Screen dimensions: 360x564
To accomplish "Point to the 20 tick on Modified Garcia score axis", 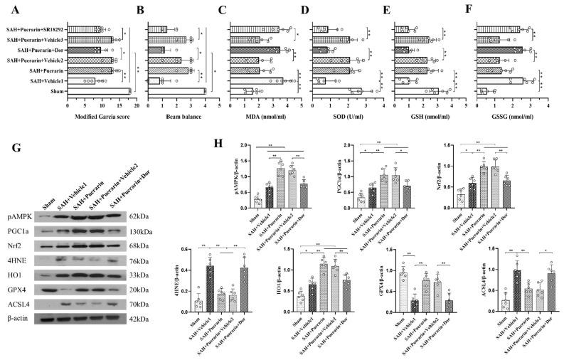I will pos(131,103).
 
